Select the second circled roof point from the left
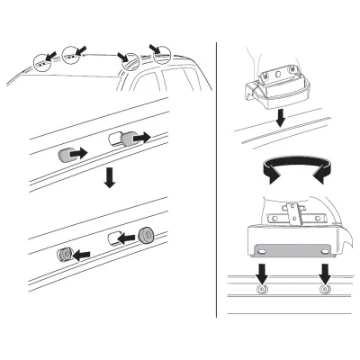pos(72,57)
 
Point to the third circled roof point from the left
pos(131,63)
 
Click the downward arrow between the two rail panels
pos(109,177)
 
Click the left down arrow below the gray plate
pos(261,273)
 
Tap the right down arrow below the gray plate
pos(323,273)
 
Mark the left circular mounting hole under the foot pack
pos(262,292)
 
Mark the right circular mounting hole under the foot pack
pos(323,292)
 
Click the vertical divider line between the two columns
pos(216,180)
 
